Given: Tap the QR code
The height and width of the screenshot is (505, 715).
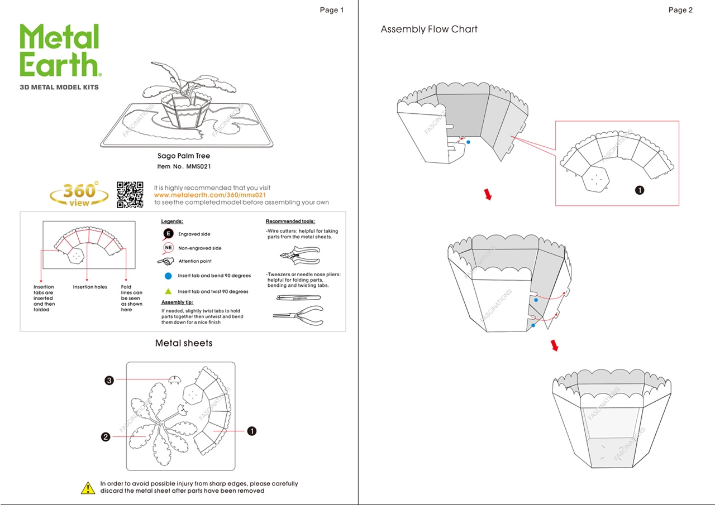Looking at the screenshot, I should click(130, 195).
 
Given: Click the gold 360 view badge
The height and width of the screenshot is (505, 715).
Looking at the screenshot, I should click(79, 194).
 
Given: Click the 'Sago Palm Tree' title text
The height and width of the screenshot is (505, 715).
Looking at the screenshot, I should click(184, 156).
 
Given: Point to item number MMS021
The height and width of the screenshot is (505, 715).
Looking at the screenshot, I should click(184, 166).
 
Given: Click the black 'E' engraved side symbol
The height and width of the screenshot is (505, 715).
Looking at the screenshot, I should click(168, 234).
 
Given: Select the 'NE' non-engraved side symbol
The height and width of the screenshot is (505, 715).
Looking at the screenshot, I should click(168, 248).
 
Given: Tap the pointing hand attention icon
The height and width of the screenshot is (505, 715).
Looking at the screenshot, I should click(166, 261).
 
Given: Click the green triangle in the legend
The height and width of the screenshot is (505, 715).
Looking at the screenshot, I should click(168, 291).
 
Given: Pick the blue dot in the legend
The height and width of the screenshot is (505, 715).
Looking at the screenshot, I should click(168, 276).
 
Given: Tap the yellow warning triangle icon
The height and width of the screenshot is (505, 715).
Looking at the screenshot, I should click(88, 488).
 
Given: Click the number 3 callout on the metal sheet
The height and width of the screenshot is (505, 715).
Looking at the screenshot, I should click(109, 381).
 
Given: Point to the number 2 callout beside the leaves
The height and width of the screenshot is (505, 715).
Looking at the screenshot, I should click(105, 437).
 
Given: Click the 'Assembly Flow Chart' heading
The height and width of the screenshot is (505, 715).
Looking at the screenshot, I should click(429, 30).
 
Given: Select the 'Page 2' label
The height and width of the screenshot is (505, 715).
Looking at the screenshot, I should click(680, 10).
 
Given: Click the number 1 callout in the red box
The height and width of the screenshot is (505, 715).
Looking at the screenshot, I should click(640, 190).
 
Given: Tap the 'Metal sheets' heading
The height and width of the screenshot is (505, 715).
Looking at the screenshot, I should click(184, 343).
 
